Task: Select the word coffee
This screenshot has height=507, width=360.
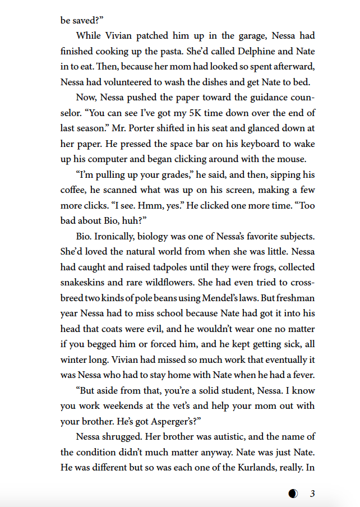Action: (x=74, y=191)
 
